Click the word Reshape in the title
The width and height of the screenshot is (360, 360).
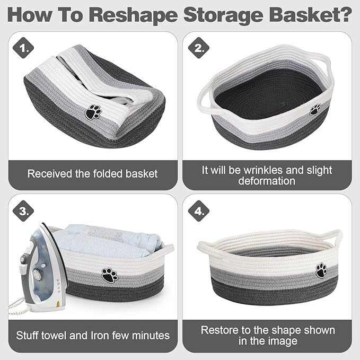coord(133,15)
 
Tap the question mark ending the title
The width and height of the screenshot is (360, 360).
coord(346,14)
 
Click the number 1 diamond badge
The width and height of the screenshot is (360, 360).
coord(23,48)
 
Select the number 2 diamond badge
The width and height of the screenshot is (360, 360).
coord(198,48)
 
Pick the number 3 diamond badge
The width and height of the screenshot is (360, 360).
coord(23,211)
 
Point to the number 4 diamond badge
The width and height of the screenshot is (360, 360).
coord(198,211)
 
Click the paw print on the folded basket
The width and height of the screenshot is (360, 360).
coord(93,112)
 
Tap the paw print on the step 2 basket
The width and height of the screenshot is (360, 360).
coord(315,110)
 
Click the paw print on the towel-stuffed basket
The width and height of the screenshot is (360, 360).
coord(110,275)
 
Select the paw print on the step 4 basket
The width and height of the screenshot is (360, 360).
coord(321,270)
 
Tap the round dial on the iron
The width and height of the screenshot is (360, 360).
coord(36,274)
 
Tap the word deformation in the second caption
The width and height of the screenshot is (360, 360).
coord(267,181)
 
